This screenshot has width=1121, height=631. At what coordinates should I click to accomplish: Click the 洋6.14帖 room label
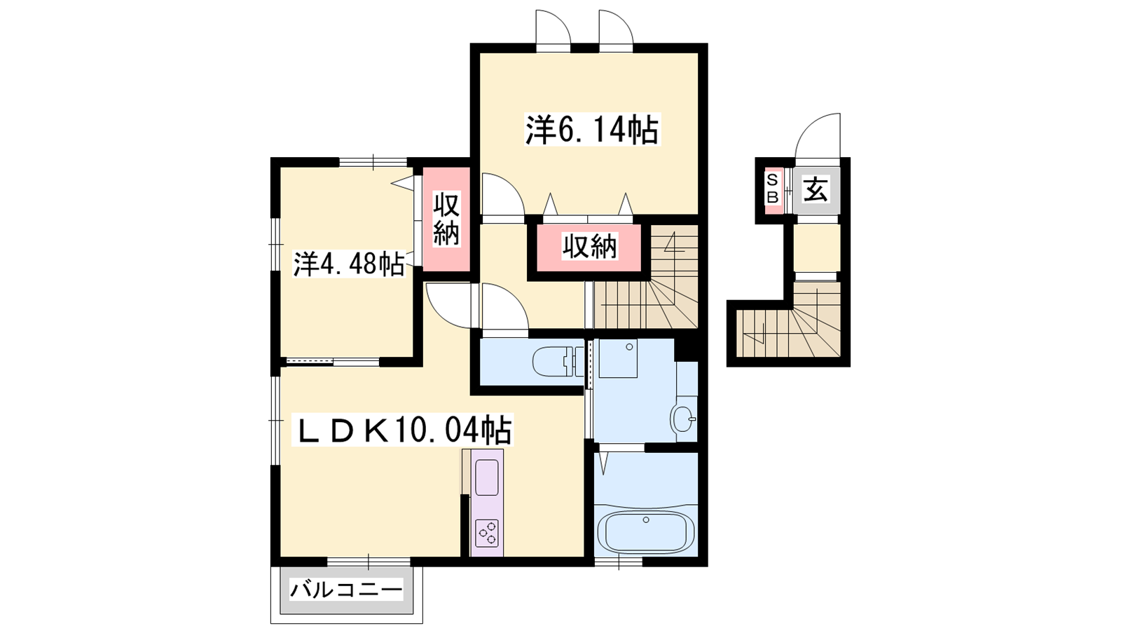click(592, 129)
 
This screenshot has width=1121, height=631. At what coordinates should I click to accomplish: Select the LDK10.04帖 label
click(403, 430)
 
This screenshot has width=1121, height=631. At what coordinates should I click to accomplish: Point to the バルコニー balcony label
click(346, 590)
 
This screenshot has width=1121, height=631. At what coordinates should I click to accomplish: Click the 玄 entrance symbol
click(816, 190)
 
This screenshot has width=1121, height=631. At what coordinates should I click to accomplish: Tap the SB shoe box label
click(773, 189)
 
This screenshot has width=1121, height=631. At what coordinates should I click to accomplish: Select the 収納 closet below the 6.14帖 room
click(590, 247)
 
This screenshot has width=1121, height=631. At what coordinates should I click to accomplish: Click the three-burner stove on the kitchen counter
click(487, 533)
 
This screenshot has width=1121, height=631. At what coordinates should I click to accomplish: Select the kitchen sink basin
click(486, 477)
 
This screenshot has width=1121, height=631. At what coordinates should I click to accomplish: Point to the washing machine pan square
click(617, 358)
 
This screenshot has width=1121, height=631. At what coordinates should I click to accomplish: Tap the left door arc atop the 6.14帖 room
click(553, 27)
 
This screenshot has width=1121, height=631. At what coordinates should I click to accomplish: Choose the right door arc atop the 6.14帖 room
click(616, 27)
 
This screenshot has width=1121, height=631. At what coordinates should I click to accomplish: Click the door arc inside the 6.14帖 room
click(502, 194)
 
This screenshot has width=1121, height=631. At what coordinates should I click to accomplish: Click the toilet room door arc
click(504, 306)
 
